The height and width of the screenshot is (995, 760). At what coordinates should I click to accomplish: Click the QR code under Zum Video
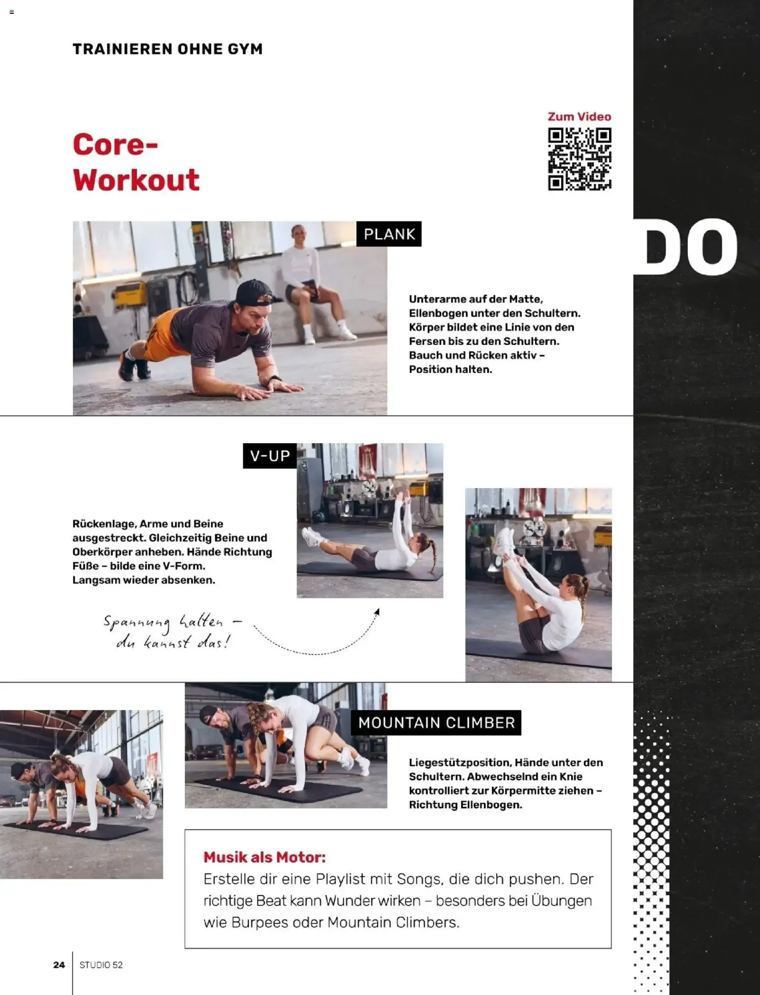(580, 159)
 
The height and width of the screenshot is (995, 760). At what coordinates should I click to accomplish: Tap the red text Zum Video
(579, 117)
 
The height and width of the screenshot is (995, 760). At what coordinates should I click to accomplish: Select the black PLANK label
(389, 234)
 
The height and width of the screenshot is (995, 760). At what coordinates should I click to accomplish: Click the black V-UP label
(270, 456)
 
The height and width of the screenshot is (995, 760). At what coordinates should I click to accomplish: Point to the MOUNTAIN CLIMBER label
(436, 723)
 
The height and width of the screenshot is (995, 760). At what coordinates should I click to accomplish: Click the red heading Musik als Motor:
(265, 857)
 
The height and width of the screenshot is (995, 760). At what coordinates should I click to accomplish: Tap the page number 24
(59, 965)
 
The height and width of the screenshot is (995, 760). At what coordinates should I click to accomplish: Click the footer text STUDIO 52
(101, 965)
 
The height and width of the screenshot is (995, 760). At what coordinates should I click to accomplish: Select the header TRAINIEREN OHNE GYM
(168, 49)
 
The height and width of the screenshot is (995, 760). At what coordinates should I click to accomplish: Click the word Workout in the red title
(136, 180)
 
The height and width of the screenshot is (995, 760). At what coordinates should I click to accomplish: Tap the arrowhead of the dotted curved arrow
(377, 612)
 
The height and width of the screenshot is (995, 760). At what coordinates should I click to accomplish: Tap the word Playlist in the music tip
(340, 879)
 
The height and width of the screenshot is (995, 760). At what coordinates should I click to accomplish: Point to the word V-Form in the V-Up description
(184, 566)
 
